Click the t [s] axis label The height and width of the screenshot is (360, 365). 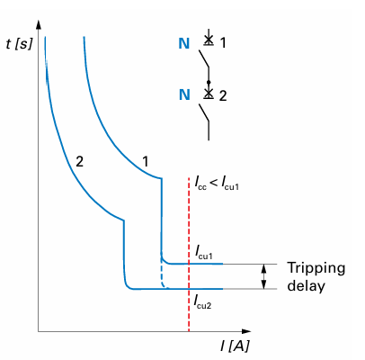tap(19, 45)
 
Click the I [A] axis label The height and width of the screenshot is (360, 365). tap(235, 346)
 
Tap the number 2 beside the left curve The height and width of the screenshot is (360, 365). tap(79, 162)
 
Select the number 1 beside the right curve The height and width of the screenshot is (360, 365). tap(146, 162)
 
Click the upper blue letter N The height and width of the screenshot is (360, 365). tap(184, 43)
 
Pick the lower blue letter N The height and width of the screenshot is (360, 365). tap(184, 94)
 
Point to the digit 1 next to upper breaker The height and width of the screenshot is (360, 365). tap(223, 43)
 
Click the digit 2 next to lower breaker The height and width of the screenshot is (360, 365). tap(223, 96)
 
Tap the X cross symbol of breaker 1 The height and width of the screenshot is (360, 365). tap(209, 39)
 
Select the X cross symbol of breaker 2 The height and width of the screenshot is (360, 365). tap(209, 93)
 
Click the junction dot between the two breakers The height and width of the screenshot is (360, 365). tap(209, 82)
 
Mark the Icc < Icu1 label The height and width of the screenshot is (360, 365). tap(217, 183)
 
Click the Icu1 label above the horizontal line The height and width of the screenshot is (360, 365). tap(204, 252)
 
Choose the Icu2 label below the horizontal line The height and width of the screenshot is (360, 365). tap(203, 301)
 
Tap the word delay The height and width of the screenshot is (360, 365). tap(306, 285)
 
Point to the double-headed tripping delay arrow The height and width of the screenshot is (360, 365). tap(263, 276)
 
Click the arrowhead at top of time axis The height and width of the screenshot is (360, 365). tap(38, 24)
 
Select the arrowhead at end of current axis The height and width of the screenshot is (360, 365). tap(246, 331)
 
